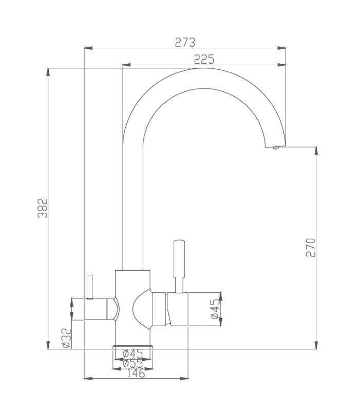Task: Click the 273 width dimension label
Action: pos(185,43)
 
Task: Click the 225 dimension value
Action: pos(204,59)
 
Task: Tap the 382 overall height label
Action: pos(43,209)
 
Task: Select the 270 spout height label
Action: pos(311,248)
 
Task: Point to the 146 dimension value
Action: pos(136,373)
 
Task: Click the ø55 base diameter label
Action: pos(133,364)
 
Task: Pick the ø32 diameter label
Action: pos(67,338)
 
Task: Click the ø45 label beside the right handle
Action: pos(215,309)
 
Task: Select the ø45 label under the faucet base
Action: pos(133,354)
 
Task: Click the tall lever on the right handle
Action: pos(179,266)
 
